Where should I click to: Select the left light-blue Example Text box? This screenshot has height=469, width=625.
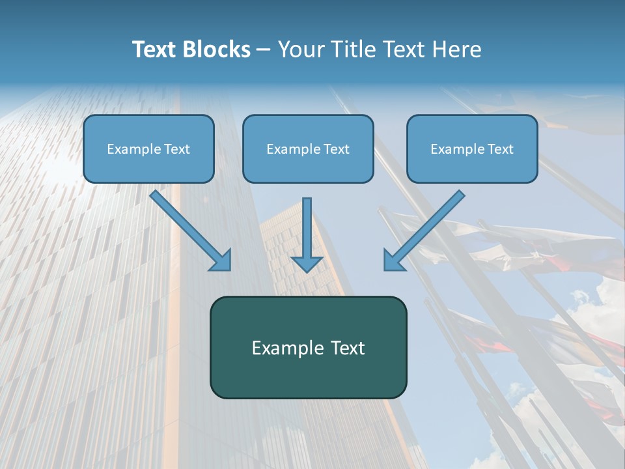[148, 149]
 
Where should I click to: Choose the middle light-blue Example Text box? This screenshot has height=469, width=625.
[308, 149]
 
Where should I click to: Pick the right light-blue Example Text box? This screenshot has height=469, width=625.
[472, 149]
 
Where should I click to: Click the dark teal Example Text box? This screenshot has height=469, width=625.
[308, 347]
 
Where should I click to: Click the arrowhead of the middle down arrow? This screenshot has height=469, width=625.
[307, 263]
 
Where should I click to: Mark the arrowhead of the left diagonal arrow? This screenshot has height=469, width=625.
[221, 260]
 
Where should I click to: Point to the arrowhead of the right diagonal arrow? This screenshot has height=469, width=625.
[393, 260]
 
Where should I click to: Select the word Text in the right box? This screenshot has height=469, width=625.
[500, 149]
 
